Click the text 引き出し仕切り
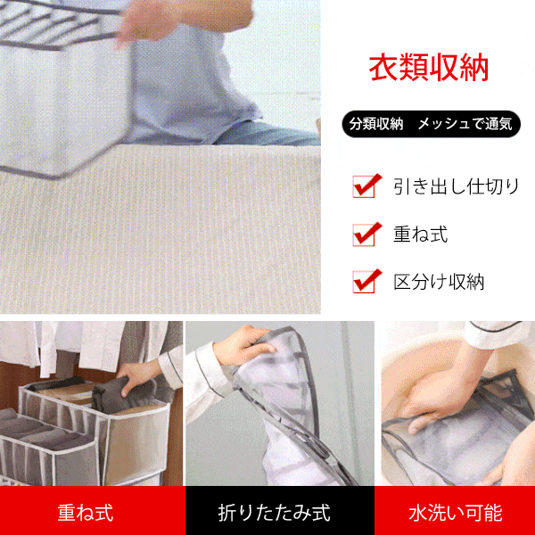456,187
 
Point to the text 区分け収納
439,283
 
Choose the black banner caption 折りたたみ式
274,513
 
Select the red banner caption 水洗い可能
455,513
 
